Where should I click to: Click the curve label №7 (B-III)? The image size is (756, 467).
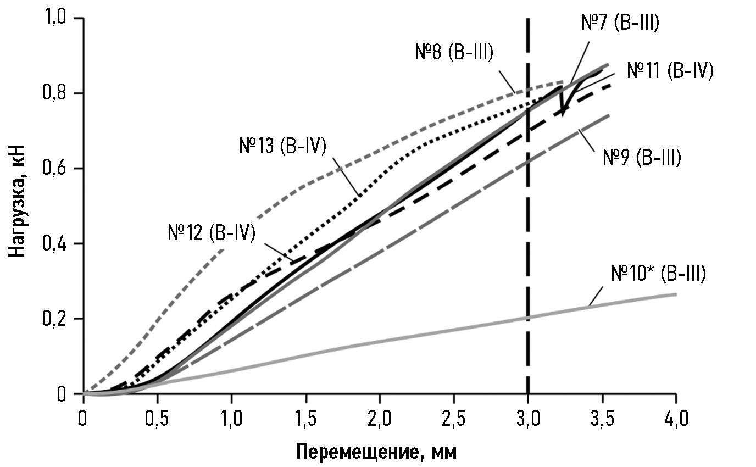[x=620, y=24]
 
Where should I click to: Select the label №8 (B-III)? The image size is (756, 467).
[x=454, y=53]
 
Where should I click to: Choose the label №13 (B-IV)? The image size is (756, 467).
[x=283, y=147]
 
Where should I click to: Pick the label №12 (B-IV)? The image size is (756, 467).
[x=212, y=233]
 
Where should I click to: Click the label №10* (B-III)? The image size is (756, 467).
[x=658, y=273]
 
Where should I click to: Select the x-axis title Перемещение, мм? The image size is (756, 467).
[x=376, y=452]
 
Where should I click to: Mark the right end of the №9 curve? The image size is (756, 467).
[x=609, y=115]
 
